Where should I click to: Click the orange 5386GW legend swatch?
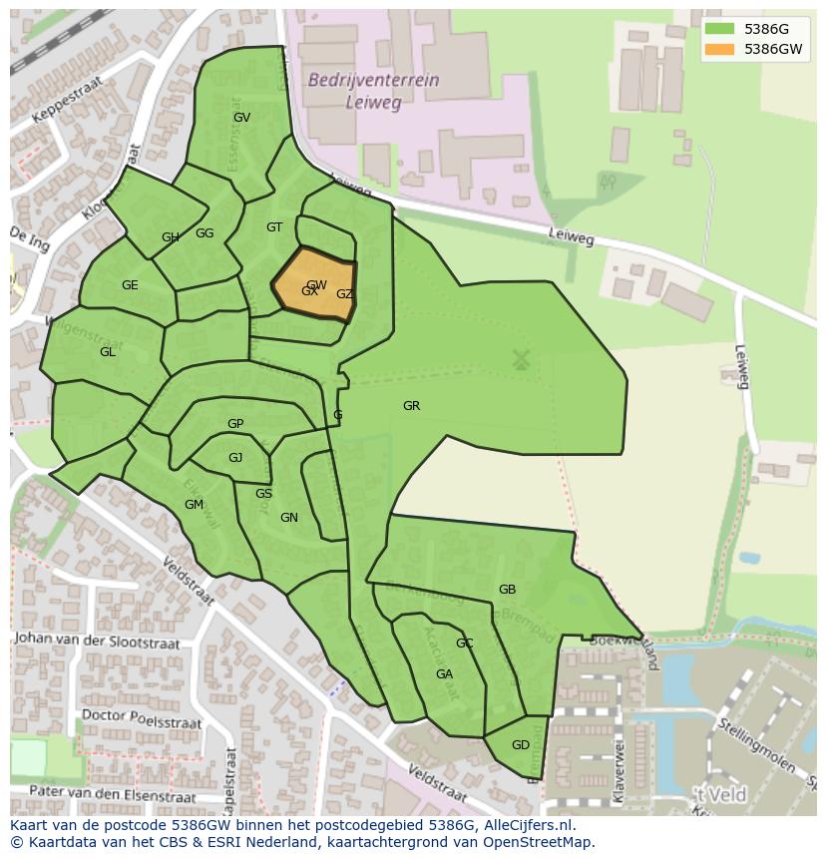718,49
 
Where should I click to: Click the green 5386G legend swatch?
718,29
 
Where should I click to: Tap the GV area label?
241,117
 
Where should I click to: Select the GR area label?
411,406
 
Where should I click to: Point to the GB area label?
507,590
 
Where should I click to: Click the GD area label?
520,745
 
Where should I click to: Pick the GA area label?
444,674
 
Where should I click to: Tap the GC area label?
464,644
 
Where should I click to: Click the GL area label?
108,352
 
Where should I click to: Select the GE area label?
130,285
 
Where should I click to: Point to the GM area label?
194,505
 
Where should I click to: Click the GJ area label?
235,458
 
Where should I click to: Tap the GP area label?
235,424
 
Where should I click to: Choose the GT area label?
274,227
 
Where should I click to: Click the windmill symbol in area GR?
520,359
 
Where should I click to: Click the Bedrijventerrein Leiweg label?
373,91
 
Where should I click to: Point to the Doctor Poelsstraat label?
141,718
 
